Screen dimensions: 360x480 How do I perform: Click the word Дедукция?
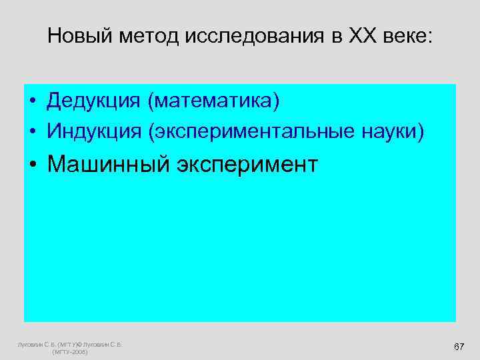94,101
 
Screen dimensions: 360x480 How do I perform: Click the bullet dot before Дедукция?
33,102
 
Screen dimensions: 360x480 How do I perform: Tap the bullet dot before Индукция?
33,131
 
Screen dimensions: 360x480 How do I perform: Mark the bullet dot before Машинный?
33,164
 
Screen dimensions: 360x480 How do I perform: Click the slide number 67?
458,347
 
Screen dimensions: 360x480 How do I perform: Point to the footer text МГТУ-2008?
69,352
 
